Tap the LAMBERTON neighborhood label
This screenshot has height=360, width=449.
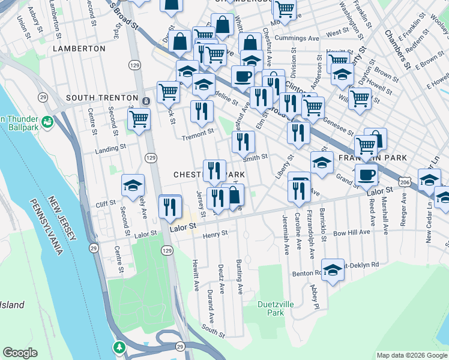tap(79, 48)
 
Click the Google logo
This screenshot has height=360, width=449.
tap(20, 353)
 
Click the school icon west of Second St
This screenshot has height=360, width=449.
tap(133, 185)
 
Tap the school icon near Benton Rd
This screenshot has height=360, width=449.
tap(333, 271)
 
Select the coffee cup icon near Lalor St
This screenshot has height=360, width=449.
tap(366, 175)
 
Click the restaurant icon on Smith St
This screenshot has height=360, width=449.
tap(243, 142)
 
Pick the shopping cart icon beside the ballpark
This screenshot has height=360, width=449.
tap(139, 119)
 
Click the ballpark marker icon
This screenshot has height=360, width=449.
tap(47, 122)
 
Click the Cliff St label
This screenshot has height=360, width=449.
tap(106, 204)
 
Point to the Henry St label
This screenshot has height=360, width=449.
tap(215, 233)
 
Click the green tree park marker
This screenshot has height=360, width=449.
tap(120, 347)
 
